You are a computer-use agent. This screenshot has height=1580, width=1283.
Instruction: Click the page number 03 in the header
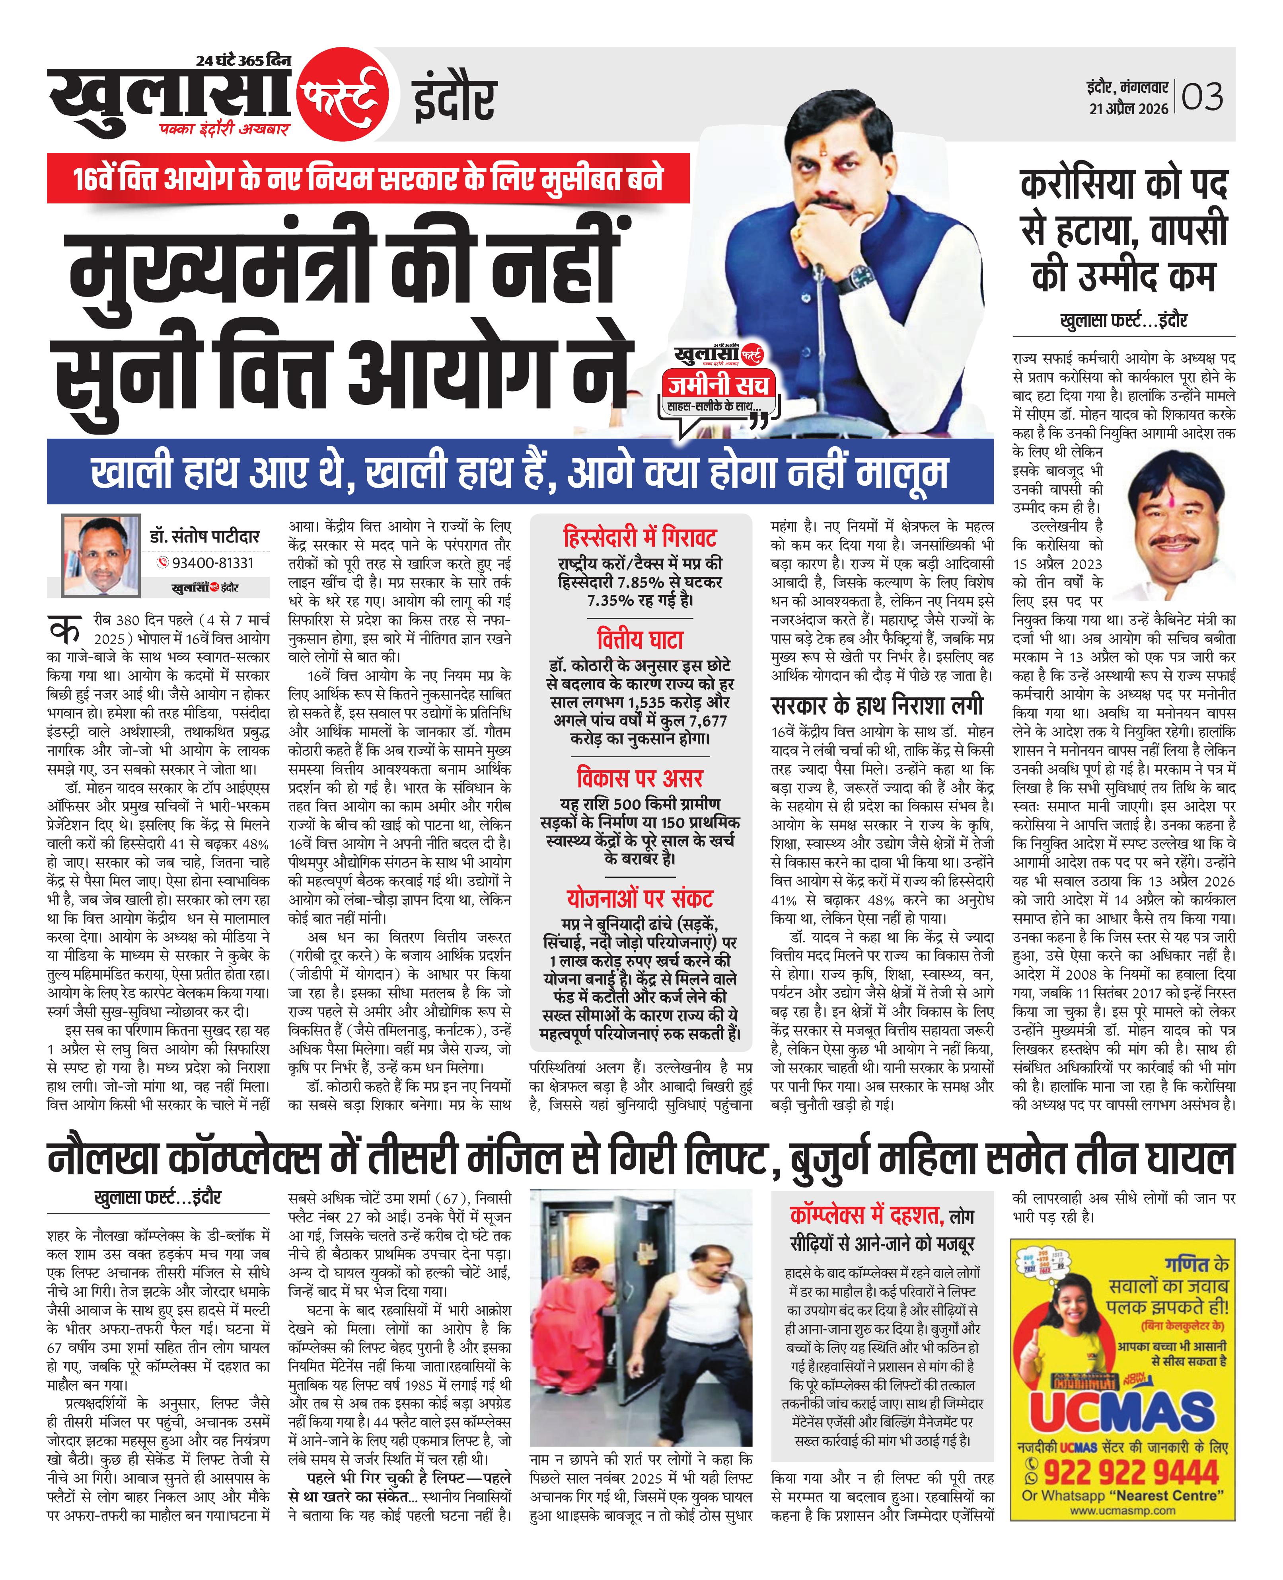point(1203,97)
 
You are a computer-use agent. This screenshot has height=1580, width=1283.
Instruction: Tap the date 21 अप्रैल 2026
point(1129,109)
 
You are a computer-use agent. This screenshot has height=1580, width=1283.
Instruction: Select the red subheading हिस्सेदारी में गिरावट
point(640,537)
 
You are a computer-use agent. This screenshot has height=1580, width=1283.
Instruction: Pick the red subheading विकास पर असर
point(640,778)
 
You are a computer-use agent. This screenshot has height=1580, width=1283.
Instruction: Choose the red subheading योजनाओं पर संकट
point(640,898)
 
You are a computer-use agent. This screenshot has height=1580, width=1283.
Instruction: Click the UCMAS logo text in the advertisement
point(1123,1414)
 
